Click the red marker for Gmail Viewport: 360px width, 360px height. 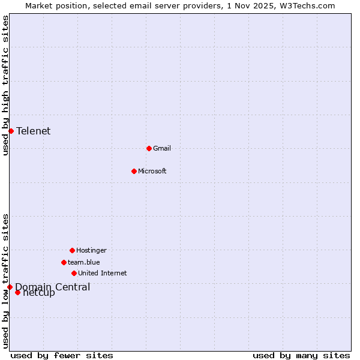point(149,148)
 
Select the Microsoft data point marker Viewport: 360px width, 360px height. point(134,171)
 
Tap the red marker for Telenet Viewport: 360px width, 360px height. point(11,131)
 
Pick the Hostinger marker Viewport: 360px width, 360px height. point(72,250)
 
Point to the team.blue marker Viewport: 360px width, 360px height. point(64,262)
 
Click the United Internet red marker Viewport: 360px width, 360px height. point(74,273)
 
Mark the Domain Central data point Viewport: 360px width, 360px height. point(10,287)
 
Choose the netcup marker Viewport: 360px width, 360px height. point(17,292)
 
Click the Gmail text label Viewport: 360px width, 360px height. point(162,148)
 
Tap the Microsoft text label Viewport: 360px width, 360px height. point(152,171)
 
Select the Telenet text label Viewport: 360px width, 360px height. point(34,131)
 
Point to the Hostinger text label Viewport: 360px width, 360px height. point(91,250)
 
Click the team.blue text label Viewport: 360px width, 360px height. point(84,262)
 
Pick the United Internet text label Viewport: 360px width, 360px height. point(103,273)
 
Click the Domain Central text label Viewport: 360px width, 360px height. point(53,287)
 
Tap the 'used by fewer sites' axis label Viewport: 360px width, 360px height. point(62,355)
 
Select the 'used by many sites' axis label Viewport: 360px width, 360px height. point(301,355)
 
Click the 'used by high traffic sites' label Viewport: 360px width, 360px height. point(5,85)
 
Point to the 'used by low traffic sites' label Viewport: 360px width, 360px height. point(5,281)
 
